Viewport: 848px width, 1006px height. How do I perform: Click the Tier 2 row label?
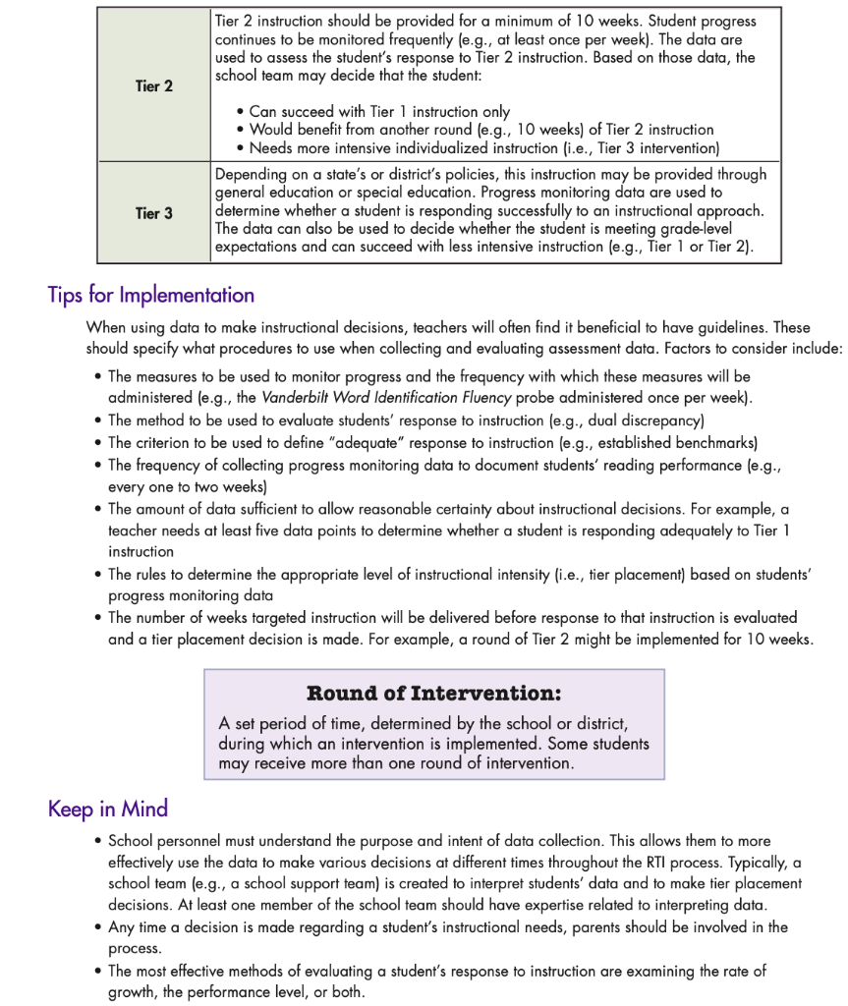tap(153, 86)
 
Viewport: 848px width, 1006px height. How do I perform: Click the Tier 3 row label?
tap(153, 213)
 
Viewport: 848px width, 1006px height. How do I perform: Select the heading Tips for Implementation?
tap(150, 295)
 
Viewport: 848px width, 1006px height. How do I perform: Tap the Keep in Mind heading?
tap(108, 809)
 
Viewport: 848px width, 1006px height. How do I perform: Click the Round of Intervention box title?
tap(433, 694)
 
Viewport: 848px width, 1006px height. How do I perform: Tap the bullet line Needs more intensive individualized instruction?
tap(481, 148)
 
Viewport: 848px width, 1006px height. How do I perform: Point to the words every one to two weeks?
tap(186, 486)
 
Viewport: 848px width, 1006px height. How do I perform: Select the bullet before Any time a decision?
tap(99, 927)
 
